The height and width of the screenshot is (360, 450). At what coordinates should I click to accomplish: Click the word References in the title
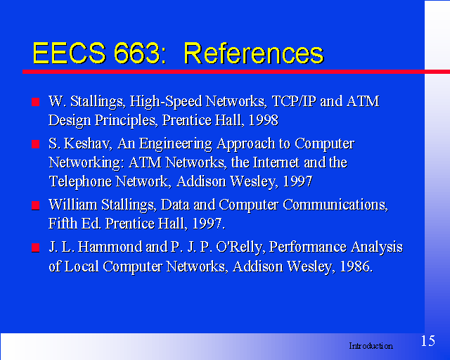(x=254, y=53)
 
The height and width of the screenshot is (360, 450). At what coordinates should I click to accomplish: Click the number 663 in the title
(x=136, y=53)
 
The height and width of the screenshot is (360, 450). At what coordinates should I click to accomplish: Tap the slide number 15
(x=428, y=341)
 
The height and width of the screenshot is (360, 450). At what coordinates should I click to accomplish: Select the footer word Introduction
(x=371, y=346)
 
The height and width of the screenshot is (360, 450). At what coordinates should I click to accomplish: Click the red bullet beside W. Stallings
(x=36, y=102)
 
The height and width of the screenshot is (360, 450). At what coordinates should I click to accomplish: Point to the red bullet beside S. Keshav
(x=36, y=144)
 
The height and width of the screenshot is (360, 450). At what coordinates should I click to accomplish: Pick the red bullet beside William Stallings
(x=36, y=205)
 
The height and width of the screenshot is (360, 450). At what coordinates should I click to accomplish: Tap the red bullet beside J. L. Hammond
(x=36, y=247)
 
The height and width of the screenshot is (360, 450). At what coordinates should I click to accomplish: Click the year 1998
(x=264, y=120)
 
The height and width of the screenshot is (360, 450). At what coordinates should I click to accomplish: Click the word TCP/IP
(x=294, y=101)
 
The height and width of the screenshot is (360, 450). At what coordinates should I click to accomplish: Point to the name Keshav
(x=88, y=143)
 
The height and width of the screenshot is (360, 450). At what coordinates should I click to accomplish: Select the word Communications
(x=335, y=205)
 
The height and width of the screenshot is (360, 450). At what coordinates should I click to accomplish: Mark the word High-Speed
(x=166, y=102)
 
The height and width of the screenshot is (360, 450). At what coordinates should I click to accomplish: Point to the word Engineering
(x=175, y=144)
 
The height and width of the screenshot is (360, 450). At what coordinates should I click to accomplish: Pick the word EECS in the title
(x=69, y=53)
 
